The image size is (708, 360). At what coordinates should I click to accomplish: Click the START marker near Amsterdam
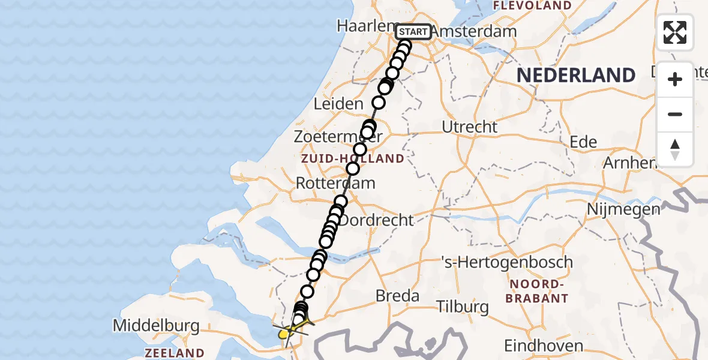[413, 32]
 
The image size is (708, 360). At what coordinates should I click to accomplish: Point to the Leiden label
[338, 104]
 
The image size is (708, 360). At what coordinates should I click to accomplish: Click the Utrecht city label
[470, 127]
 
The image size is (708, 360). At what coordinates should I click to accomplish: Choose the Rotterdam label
[335, 183]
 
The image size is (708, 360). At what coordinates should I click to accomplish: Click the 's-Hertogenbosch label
[506, 262]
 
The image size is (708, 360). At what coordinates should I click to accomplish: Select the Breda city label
[397, 295]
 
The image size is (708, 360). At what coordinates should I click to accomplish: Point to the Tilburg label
[463, 307]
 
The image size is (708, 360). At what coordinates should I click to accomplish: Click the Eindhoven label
[544, 346]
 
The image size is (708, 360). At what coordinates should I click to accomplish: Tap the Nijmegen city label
[624, 209]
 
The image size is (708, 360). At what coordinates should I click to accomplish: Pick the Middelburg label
[156, 326]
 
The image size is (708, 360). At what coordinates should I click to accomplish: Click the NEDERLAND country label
[576, 76]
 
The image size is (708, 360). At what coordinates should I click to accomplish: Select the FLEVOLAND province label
[532, 6]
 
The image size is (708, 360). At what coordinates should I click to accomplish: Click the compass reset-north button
[675, 149]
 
